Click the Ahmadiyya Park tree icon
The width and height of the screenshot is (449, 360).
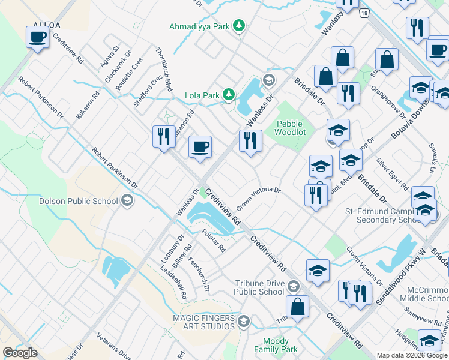coord(240,25)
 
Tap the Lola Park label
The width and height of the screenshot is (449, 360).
coord(202,95)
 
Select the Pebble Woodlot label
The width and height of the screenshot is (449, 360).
coord(289,128)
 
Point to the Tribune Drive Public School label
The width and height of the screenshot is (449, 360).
coord(259,287)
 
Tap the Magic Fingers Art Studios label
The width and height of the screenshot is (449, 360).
coord(203,322)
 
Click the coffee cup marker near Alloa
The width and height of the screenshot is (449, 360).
coord(37,37)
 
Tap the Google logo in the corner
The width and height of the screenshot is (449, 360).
coord(20,352)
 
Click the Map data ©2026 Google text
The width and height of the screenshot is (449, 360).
coord(411,355)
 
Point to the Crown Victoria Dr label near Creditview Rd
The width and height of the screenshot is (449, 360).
coord(258,197)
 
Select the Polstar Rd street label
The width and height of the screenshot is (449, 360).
coord(213,241)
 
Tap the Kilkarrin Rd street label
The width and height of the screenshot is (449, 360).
coord(88,105)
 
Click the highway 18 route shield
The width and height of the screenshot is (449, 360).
coord(364,13)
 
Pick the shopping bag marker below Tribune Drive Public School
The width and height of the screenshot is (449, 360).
coord(297,307)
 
